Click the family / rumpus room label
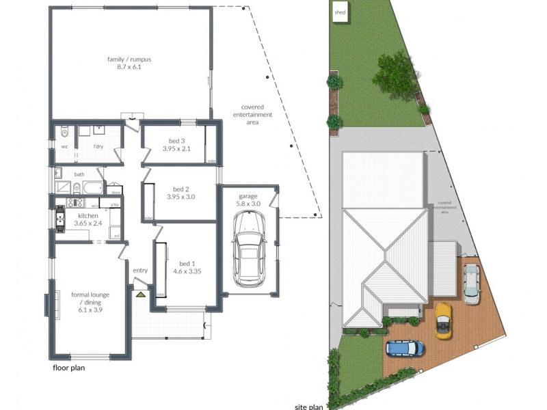click(129, 59)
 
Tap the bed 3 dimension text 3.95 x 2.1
click(180, 148)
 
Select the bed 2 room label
click(181, 189)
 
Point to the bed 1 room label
click(187, 264)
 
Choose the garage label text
click(248, 196)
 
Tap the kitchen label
click(88, 215)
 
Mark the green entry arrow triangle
click(140, 295)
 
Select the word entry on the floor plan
click(140, 271)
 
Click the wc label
click(64, 146)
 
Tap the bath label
click(79, 174)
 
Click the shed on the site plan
click(340, 12)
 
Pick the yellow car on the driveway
click(444, 319)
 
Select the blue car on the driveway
click(405, 348)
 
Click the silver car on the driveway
click(472, 283)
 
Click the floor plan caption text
click(72, 368)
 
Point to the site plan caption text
click(308, 406)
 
